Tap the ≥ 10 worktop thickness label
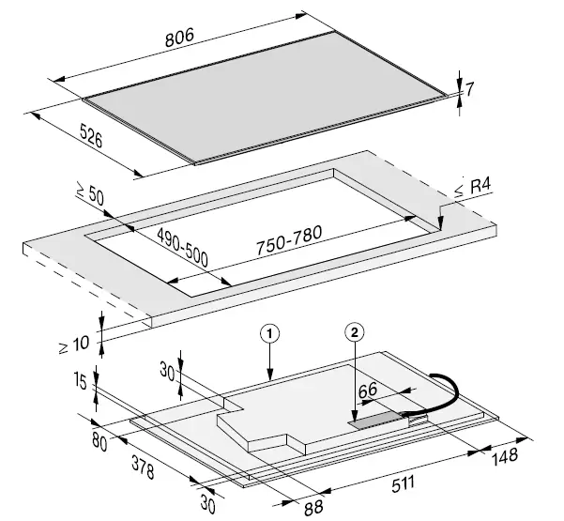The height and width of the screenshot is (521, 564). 79,340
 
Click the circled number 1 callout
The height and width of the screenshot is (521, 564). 269,332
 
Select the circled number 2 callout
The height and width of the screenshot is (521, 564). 354,332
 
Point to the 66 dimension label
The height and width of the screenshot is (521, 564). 367,388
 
